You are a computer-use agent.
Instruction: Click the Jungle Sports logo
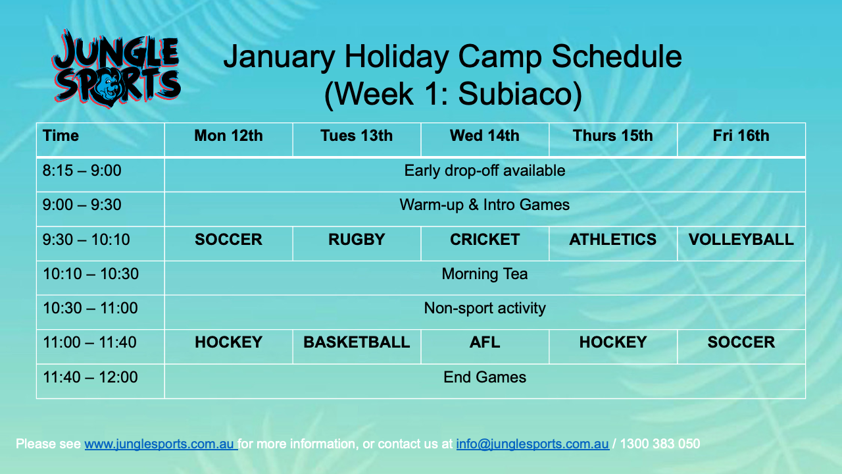point(116,68)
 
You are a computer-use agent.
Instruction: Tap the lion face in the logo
point(109,88)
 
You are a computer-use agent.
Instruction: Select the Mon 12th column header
point(228,136)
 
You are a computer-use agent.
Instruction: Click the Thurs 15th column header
point(612,136)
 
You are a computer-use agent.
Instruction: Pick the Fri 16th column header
point(741,136)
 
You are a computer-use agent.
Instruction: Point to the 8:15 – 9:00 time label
point(82,171)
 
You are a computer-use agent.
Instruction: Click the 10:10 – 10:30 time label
point(91,274)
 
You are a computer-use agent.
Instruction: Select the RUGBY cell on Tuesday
point(357,240)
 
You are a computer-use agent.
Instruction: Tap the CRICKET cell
point(485,240)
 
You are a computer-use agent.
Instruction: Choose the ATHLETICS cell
point(612,240)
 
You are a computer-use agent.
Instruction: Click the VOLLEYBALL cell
point(741,240)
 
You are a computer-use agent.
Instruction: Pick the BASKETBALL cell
point(357,342)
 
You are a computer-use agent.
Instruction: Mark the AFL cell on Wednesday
point(485,342)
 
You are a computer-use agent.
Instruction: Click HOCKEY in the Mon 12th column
point(228,342)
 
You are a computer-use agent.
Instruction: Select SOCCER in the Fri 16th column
point(741,342)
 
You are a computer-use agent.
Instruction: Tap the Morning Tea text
point(485,274)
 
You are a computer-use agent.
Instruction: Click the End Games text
point(485,377)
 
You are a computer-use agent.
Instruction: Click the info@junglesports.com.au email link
point(532,444)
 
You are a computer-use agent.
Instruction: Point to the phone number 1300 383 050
point(660,444)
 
